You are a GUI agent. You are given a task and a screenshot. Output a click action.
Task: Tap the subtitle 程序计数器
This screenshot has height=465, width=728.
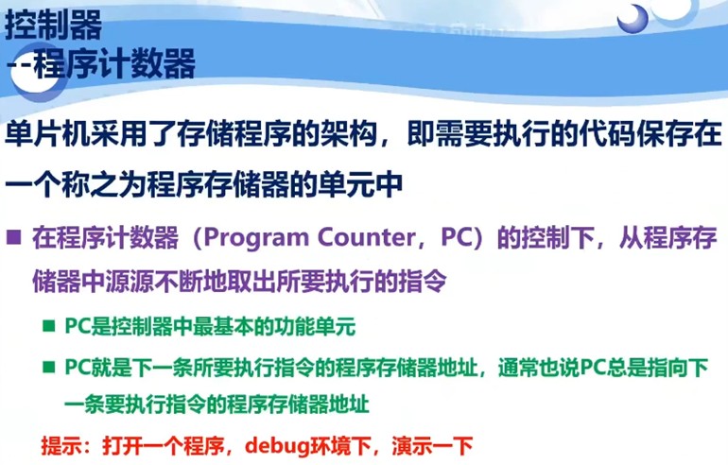114,64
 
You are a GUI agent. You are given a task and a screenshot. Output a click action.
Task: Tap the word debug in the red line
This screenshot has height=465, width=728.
270,442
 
